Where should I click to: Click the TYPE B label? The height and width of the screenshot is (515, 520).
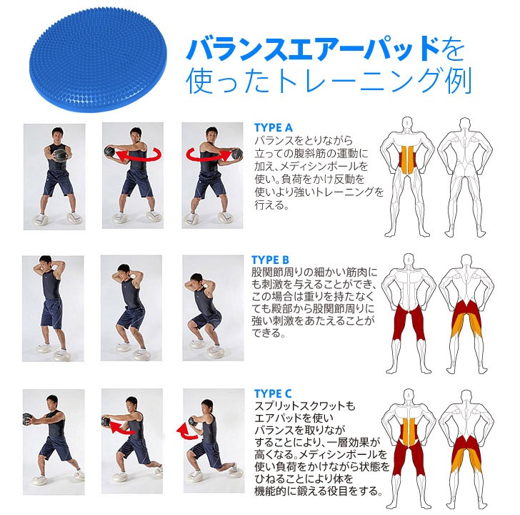(x=271, y=260)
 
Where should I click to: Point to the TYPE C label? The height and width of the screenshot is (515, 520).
(x=273, y=393)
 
